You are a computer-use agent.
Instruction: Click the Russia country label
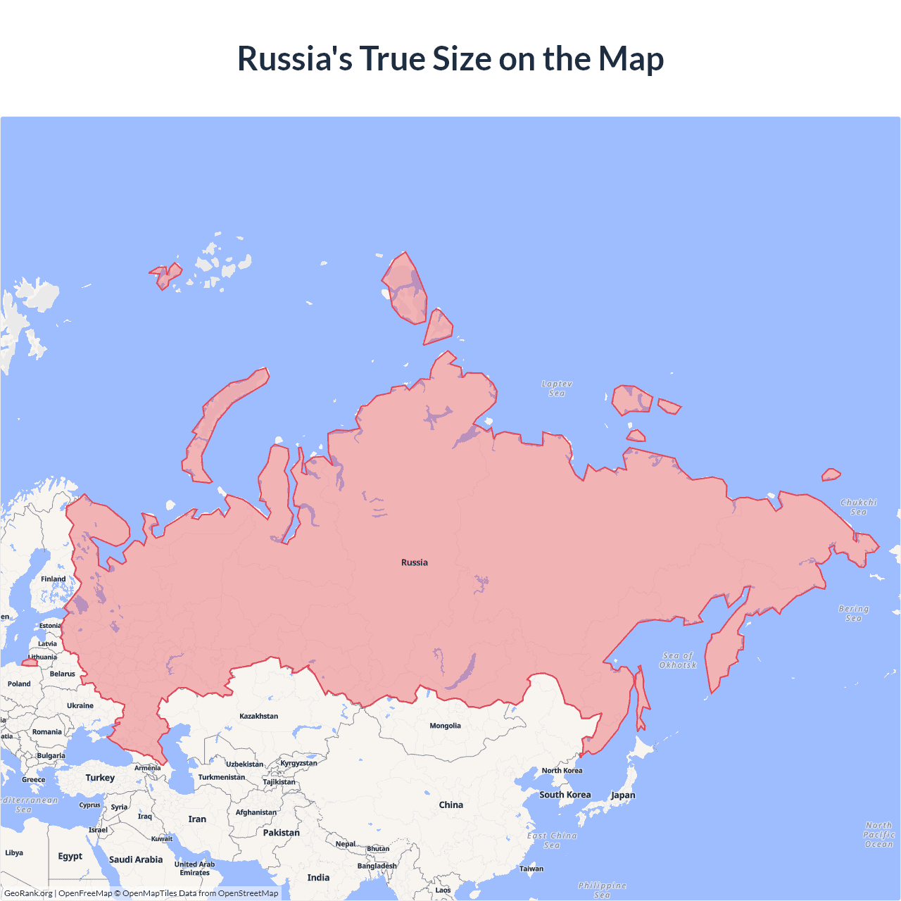414,562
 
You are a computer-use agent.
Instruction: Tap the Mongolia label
445,726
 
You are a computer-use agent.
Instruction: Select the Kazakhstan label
258,716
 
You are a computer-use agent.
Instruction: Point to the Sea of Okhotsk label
678,660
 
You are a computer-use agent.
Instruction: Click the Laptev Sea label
557,389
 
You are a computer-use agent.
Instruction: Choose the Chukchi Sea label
859,507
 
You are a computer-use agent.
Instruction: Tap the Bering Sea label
854,613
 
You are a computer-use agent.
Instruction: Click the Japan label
623,795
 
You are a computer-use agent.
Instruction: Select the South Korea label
565,795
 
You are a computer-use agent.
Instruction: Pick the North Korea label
562,771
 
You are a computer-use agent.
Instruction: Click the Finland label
53,579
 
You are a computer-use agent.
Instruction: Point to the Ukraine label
80,705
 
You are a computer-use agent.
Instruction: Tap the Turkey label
100,778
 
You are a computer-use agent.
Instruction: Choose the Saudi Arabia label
136,859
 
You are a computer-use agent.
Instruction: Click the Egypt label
70,857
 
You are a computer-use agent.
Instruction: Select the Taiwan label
531,869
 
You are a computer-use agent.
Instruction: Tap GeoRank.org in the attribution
28,893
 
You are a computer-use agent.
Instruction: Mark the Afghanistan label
256,812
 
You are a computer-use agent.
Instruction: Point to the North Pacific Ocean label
878,835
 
